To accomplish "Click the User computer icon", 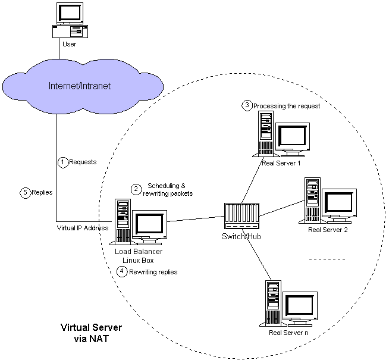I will (70, 21).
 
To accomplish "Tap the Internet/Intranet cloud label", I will (79, 86).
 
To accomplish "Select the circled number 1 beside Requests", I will (62, 161).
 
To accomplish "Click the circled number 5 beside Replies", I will (24, 192).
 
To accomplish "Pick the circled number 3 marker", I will (246, 105).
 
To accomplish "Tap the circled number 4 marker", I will (123, 271).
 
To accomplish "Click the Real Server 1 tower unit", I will (265, 134).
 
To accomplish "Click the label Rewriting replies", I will (153, 271).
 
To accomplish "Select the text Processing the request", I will (287, 106).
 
